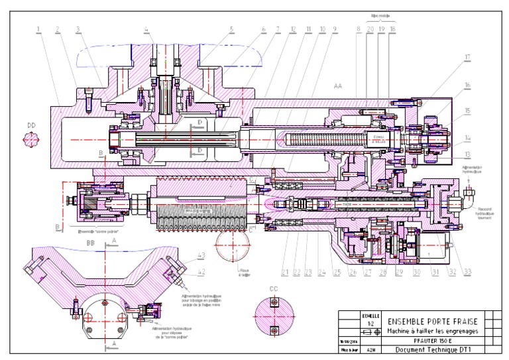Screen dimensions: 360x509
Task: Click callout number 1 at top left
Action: [x=38, y=29]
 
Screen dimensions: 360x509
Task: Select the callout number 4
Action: [x=146, y=29]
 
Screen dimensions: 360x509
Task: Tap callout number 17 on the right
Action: [x=467, y=57]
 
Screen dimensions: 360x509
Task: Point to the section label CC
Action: [x=272, y=289]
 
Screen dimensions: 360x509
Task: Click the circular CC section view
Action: [x=272, y=316]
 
